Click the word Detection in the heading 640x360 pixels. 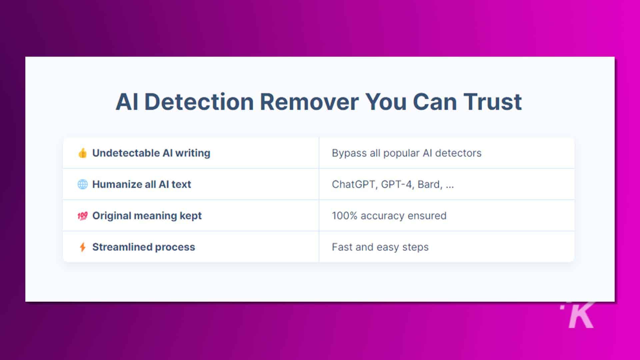tap(199, 102)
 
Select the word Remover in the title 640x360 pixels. tap(309, 102)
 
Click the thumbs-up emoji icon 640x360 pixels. tap(82, 153)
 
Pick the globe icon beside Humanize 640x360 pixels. tap(82, 184)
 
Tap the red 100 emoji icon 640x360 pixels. tap(82, 216)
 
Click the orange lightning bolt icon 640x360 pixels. tap(82, 247)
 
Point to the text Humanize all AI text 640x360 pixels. tap(142, 184)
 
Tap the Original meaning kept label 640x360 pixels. tap(147, 216)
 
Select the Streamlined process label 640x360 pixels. tap(144, 247)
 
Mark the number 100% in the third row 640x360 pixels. tap(345, 216)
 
